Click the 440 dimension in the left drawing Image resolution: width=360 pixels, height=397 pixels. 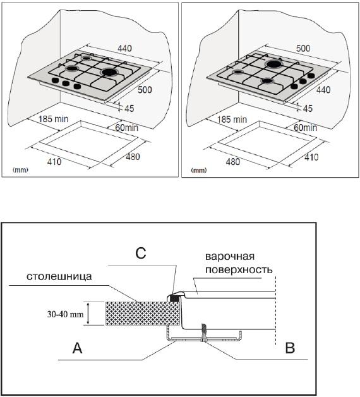(124, 48)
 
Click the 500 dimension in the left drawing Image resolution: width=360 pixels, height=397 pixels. (145, 90)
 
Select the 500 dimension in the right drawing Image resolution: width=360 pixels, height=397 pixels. (303, 48)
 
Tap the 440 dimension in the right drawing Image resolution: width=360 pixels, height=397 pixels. (323, 90)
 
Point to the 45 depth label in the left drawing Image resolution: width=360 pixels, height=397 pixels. (129, 108)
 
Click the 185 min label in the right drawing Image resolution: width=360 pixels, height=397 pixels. (232, 119)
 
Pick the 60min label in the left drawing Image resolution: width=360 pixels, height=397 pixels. (127, 127)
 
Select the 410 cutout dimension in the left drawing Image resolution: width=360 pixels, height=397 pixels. (54, 162)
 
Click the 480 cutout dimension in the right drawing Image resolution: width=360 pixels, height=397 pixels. (233, 162)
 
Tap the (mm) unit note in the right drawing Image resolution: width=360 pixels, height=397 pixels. (199, 170)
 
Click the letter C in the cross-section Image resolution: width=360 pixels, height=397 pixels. (141, 253)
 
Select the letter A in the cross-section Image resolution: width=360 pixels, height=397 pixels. (78, 348)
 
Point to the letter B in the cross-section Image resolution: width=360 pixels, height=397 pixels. (290, 348)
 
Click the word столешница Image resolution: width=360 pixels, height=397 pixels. (59, 276)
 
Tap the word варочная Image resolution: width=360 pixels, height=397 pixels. (230, 257)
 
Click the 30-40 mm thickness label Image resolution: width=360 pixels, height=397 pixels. (65, 314)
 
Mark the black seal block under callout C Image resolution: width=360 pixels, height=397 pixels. (174, 298)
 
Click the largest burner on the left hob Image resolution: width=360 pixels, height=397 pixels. (109, 72)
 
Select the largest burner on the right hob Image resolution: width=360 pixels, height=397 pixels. (274, 64)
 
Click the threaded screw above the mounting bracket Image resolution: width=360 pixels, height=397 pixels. (203, 331)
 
